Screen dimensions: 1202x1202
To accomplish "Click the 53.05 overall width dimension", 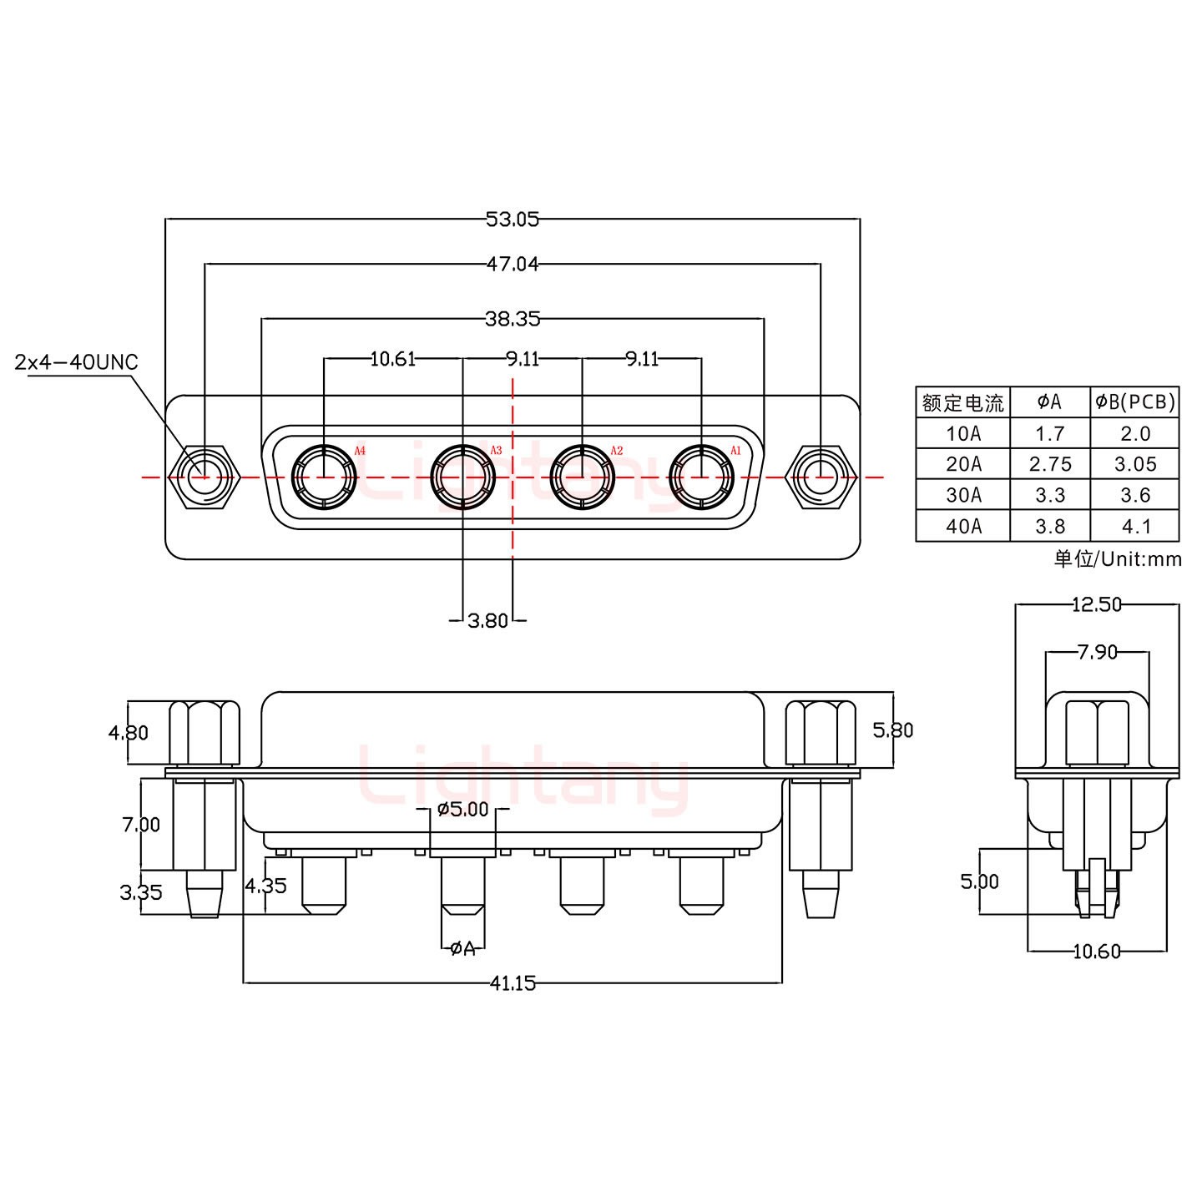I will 512,220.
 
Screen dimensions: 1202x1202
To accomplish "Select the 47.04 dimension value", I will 512,265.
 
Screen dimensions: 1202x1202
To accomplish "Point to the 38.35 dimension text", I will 512,318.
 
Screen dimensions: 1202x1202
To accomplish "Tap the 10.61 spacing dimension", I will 392,359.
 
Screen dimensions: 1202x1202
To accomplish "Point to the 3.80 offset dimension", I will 487,620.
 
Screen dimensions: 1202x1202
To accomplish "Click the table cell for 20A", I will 963,464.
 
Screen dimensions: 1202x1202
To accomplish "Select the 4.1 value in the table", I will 1135,527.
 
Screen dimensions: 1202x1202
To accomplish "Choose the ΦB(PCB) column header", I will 1135,402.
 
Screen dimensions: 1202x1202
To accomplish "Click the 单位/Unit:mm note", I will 1117,559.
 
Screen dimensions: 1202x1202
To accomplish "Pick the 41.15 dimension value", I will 512,983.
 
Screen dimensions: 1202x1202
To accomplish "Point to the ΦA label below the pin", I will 462,948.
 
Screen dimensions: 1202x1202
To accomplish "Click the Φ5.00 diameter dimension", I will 462,809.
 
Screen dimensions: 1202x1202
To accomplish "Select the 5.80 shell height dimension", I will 892,730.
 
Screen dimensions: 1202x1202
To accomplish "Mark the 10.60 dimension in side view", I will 1096,951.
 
